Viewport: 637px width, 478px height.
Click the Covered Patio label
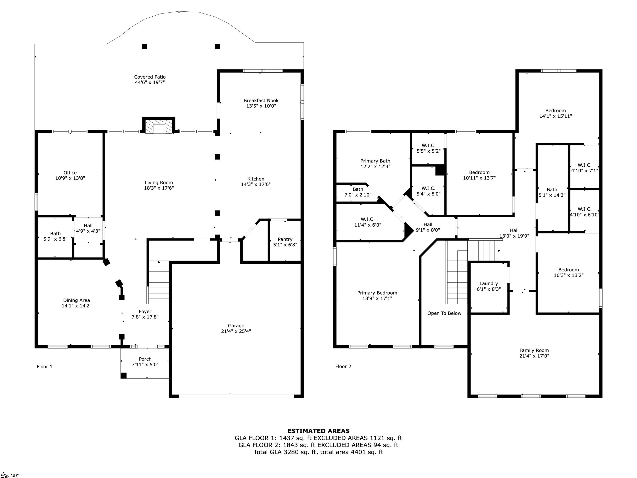[x=150, y=77]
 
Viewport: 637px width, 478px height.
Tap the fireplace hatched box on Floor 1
[x=159, y=127]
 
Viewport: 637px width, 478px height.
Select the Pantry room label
[x=285, y=239]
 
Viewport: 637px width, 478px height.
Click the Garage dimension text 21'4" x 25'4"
[x=236, y=331]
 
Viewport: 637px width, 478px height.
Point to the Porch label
[x=145, y=359]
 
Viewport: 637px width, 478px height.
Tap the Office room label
[x=70, y=173]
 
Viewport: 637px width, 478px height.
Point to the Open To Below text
[x=444, y=313]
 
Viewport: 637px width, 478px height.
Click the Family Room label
[x=534, y=350]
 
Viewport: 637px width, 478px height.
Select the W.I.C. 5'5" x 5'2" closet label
[x=429, y=145]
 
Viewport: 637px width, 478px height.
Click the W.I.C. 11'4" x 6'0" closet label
[x=367, y=219]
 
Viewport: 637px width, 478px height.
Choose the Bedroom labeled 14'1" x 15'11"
[x=555, y=111]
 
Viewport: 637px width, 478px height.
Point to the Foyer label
[x=145, y=311]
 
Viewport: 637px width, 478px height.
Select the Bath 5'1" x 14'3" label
[x=552, y=190]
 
